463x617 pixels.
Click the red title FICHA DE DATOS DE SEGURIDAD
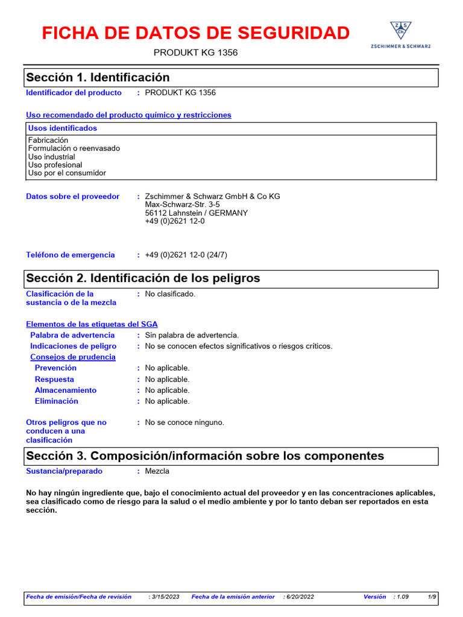pos(195,33)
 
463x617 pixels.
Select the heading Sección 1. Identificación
pos(98,78)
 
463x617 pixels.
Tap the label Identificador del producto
pos(74,93)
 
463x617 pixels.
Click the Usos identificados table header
pos(63,128)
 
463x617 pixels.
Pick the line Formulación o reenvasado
pos(74,148)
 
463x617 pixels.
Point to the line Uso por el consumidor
pos(67,173)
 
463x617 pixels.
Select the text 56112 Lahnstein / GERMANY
pos(196,213)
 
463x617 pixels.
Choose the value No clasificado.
pos(170,294)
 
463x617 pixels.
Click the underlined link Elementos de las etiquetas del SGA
pos(92,324)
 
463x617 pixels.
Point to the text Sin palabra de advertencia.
pos(192,335)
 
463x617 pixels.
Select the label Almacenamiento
pos(65,390)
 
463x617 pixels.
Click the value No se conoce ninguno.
pos(184,422)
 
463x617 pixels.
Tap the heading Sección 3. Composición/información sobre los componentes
pos(205,456)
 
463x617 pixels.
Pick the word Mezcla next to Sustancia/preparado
pos(157,471)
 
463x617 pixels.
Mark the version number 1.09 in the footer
pos(402,597)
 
